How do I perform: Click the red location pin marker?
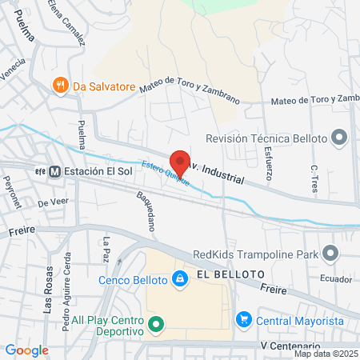180,162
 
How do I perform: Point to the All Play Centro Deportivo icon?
156,324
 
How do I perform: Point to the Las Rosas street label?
50,289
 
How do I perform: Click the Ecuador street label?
336,279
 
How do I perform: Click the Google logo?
26,350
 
